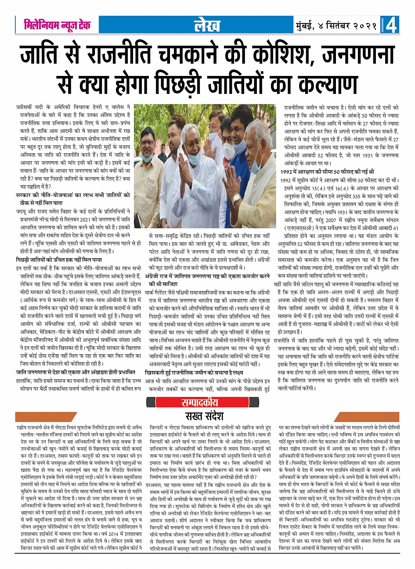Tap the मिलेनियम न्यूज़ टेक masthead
pyautogui.click(x=56, y=25)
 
